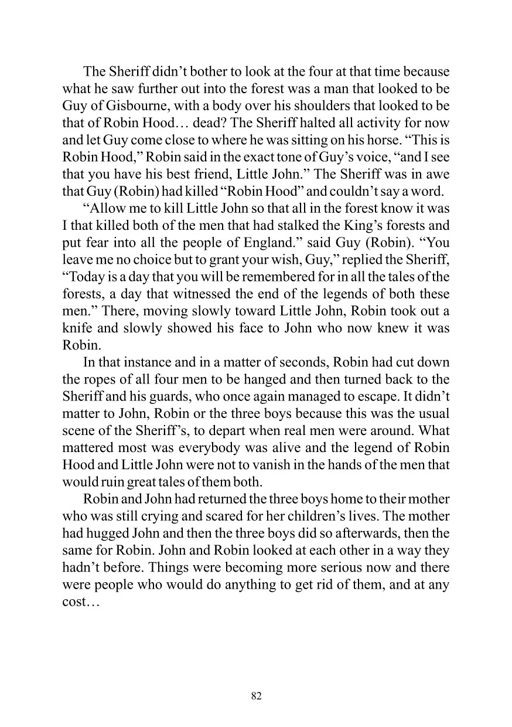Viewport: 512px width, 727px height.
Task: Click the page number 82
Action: click(x=256, y=696)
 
